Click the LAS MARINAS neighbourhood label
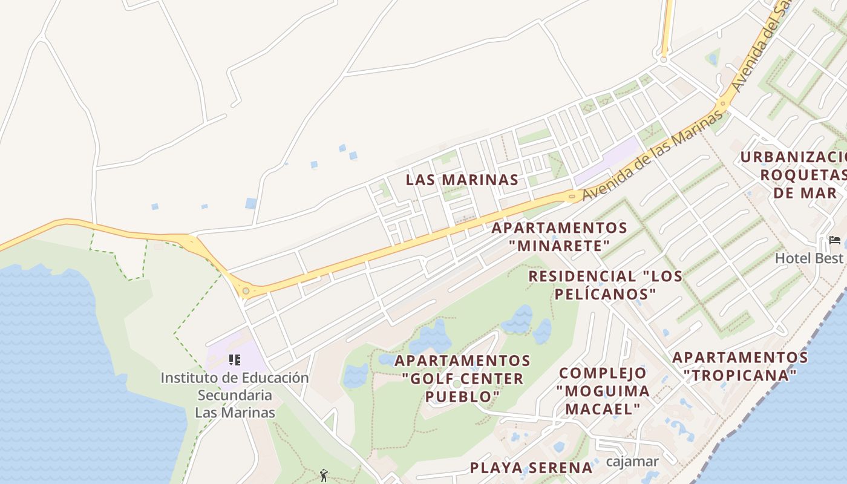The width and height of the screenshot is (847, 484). coord(462,180)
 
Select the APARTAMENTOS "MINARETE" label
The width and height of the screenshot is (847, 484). coord(559,237)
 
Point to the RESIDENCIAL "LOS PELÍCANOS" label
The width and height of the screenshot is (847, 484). coord(605,285)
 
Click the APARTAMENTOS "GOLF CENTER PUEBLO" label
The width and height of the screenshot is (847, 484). coord(463,379)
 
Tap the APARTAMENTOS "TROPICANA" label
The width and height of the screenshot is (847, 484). coord(740,366)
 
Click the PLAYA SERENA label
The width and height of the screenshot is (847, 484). coord(531,468)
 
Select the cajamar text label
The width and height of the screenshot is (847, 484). coord(632,462)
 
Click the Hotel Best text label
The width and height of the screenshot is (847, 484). coord(809,258)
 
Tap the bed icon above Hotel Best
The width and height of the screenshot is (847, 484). coord(835,241)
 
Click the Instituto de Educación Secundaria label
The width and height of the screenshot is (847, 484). coord(235,395)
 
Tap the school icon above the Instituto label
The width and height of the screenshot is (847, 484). coord(235,361)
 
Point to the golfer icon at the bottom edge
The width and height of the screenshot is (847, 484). coord(324,476)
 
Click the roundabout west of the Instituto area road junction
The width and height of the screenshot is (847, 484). coord(246,291)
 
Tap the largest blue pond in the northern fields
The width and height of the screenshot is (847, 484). coord(250,203)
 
